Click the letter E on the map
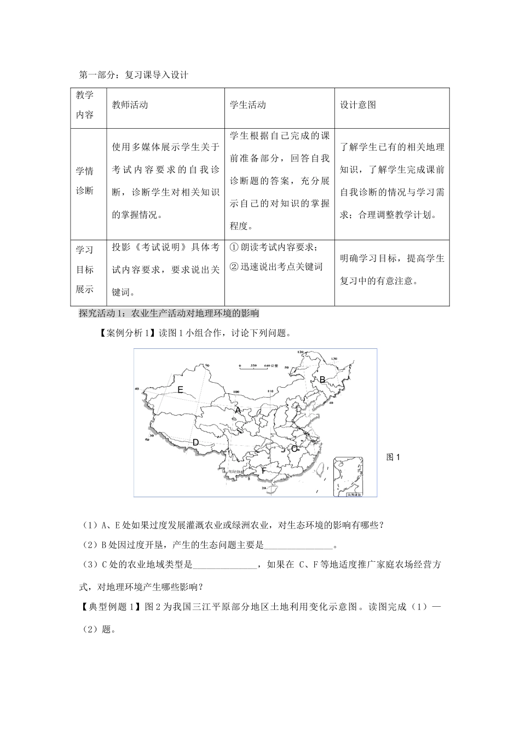pyautogui.click(x=180, y=390)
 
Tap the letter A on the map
pyautogui.click(x=238, y=410)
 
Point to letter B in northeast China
pyautogui.click(x=322, y=380)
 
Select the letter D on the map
pyautogui.click(x=195, y=442)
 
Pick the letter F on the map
pyautogui.click(x=263, y=470)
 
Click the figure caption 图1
pyautogui.click(x=394, y=457)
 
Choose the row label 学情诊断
pyautogui.click(x=84, y=181)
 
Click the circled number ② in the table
pyautogui.click(x=233, y=267)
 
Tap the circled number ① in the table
pyautogui.click(x=233, y=248)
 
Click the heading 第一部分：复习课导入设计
pyautogui.click(x=134, y=75)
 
